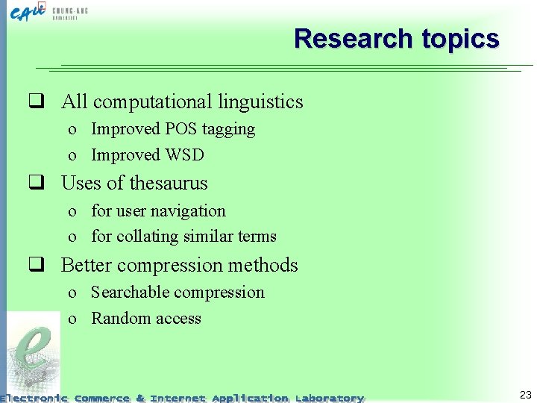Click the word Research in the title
(x=343, y=38)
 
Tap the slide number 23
(x=525, y=396)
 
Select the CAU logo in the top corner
(x=30, y=13)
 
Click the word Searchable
(x=131, y=293)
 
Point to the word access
(x=177, y=319)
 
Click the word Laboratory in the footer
(x=329, y=399)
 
